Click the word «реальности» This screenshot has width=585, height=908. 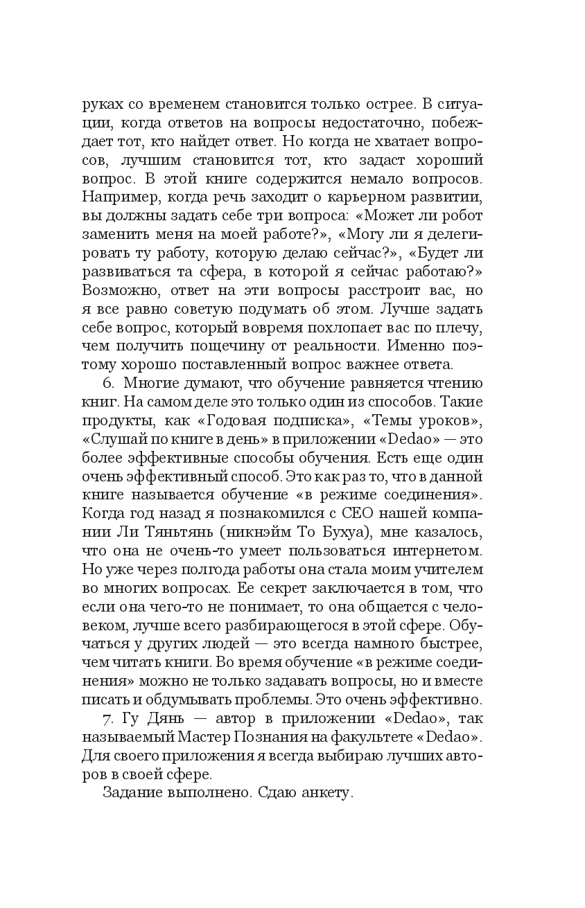click(x=336, y=344)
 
